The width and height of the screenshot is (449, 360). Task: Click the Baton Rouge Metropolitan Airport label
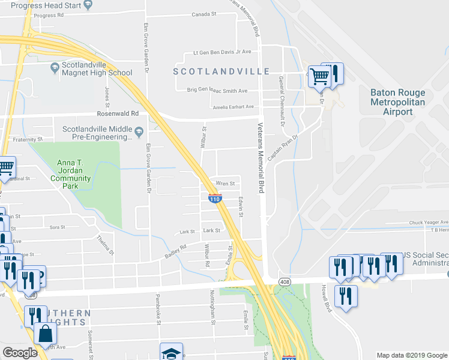pyautogui.click(x=397, y=102)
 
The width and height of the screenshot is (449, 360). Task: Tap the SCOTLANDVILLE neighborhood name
pyautogui.click(x=221, y=71)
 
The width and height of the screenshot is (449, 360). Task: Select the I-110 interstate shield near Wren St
pyautogui.click(x=215, y=198)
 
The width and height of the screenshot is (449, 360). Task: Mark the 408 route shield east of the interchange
pyautogui.click(x=285, y=281)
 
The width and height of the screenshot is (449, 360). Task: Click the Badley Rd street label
pyautogui.click(x=176, y=251)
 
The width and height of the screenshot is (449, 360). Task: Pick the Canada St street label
pyautogui.click(x=203, y=14)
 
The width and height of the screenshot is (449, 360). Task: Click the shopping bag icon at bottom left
pyautogui.click(x=45, y=332)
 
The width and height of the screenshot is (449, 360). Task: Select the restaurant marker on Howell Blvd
pyautogui.click(x=345, y=296)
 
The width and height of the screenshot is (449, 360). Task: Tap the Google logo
pyautogui.click(x=20, y=353)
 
